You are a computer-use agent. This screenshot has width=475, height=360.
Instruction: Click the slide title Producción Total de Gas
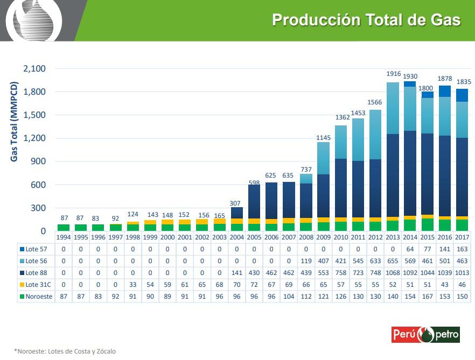[x=366, y=20]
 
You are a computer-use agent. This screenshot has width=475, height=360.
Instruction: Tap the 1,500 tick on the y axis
[x=34, y=115]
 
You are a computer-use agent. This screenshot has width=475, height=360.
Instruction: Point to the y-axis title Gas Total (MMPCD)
[x=15, y=122]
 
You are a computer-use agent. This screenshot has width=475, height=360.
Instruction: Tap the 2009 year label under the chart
[x=323, y=237]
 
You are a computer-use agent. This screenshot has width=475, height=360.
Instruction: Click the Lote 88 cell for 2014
[x=410, y=273]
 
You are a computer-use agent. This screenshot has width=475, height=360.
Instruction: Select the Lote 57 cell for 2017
[x=462, y=249]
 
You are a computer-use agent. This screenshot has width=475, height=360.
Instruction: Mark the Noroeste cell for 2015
[x=427, y=297]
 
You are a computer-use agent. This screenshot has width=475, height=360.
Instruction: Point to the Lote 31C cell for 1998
[x=133, y=285]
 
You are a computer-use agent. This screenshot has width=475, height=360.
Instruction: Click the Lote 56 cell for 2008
[x=306, y=261]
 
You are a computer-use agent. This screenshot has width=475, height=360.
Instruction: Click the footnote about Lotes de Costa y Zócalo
[x=65, y=351]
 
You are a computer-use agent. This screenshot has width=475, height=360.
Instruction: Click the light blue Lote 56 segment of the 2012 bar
[x=375, y=135]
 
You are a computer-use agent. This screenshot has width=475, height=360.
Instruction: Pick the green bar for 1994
[x=64, y=228]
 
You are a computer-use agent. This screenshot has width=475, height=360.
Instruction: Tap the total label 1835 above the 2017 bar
[x=464, y=82]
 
